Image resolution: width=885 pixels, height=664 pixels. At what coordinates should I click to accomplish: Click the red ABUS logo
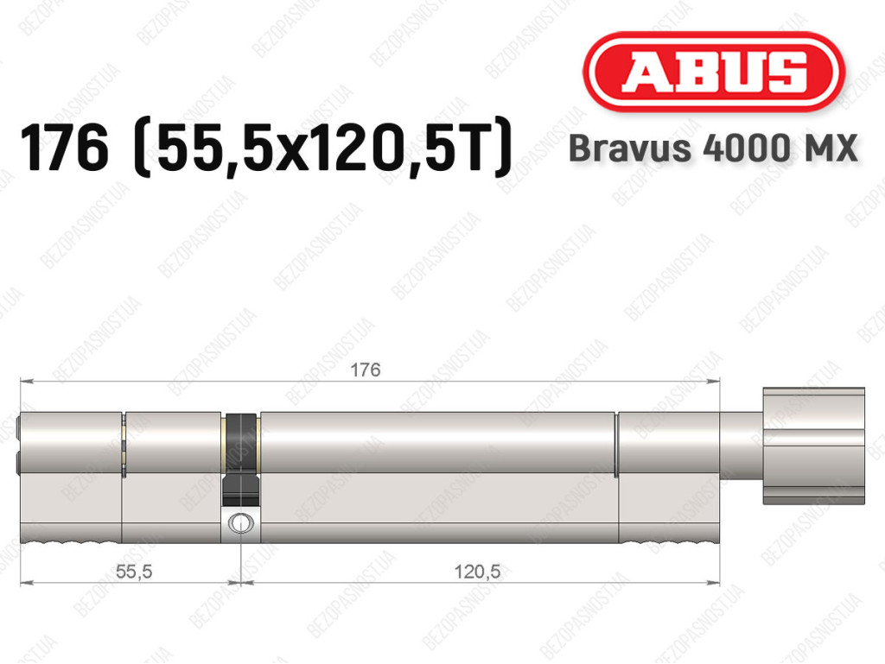(713, 72)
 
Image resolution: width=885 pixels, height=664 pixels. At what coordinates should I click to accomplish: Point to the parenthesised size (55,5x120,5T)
(322, 148)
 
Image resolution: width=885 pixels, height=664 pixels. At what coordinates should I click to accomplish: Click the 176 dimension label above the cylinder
(366, 370)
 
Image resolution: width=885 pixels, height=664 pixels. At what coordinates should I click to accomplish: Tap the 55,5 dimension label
(134, 572)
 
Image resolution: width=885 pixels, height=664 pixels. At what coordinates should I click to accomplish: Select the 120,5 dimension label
(477, 572)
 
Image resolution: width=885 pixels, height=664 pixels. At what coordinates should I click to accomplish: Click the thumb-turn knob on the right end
(813, 446)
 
